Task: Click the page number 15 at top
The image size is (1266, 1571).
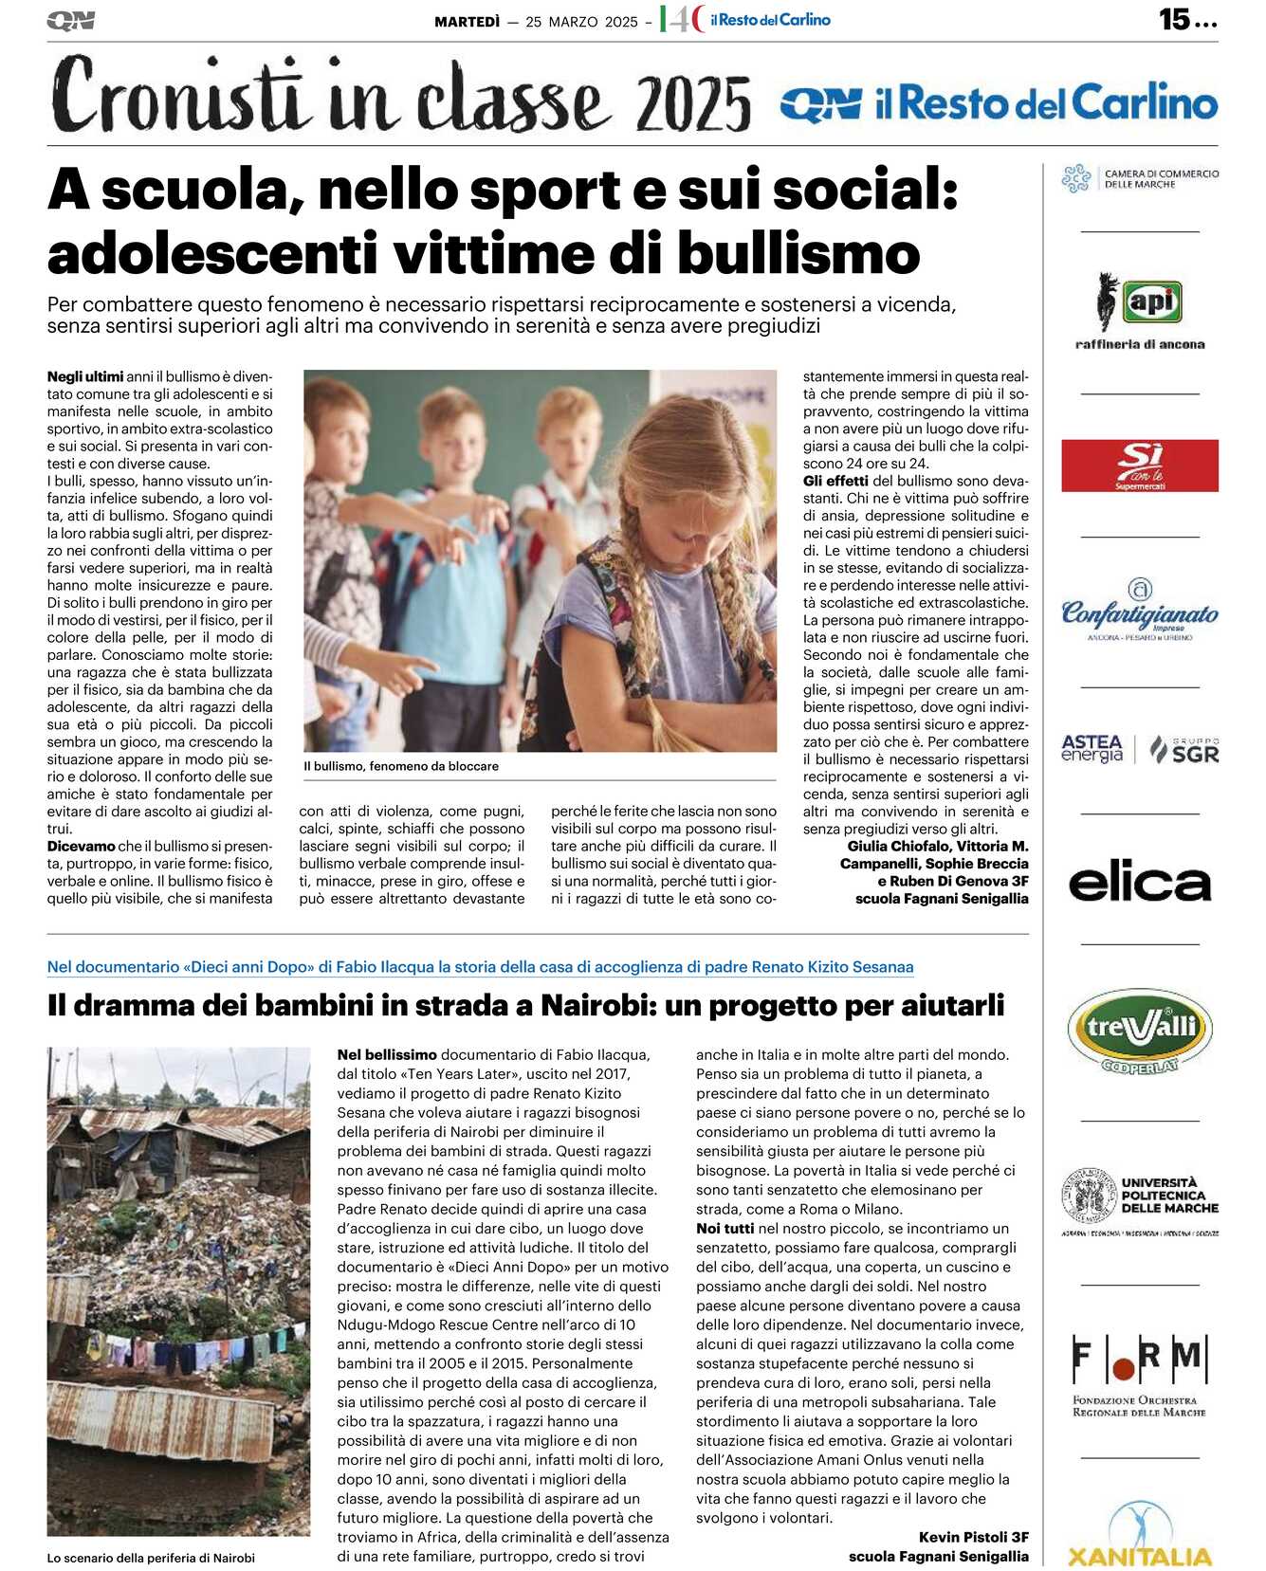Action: coord(1174,19)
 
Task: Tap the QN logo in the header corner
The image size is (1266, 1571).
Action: coord(70,20)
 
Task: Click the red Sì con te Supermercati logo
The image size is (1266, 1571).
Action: coord(1139,466)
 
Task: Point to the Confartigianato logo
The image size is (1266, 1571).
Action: coord(1139,614)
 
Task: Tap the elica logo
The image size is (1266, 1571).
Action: coord(1139,883)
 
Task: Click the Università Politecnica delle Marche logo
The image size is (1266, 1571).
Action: coord(1139,1200)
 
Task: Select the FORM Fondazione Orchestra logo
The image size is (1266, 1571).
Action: coord(1139,1375)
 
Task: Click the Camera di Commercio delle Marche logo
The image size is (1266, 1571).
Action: coord(1139,178)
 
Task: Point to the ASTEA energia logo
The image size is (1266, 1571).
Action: coord(1092,749)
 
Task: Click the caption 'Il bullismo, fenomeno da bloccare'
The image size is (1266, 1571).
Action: coord(401,766)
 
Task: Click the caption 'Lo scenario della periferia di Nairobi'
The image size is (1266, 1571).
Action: coord(151,1558)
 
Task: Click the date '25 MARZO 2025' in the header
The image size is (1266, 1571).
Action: coord(581,22)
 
